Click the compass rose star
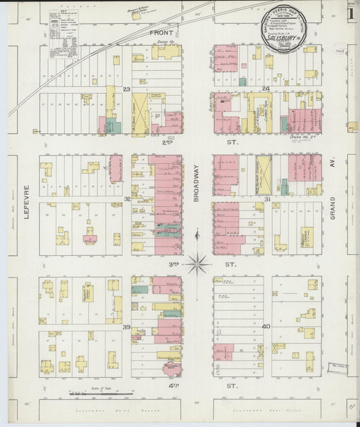coord(197,263)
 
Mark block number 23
coord(126,89)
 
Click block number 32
coord(126,199)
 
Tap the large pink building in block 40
coord(224,352)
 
